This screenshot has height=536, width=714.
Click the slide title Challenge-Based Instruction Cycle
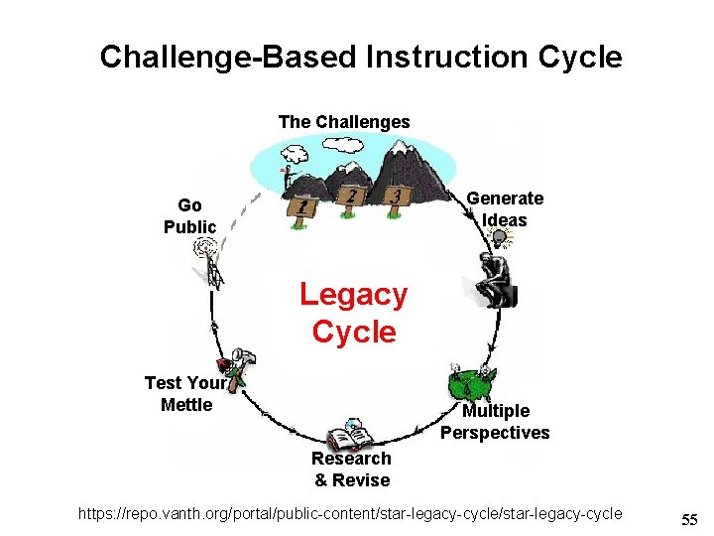click(361, 57)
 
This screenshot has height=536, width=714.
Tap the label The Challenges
click(344, 122)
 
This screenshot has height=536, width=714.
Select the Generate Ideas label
click(505, 209)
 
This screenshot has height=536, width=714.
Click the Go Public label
click(189, 216)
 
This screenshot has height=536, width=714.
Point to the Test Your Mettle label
click(184, 393)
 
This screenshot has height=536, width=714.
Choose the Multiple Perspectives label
click(495, 422)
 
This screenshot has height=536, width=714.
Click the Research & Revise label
click(352, 469)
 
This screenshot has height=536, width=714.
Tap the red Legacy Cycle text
click(354, 313)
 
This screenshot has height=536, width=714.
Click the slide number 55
click(689, 519)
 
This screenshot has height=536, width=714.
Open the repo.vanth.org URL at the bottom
click(353, 513)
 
